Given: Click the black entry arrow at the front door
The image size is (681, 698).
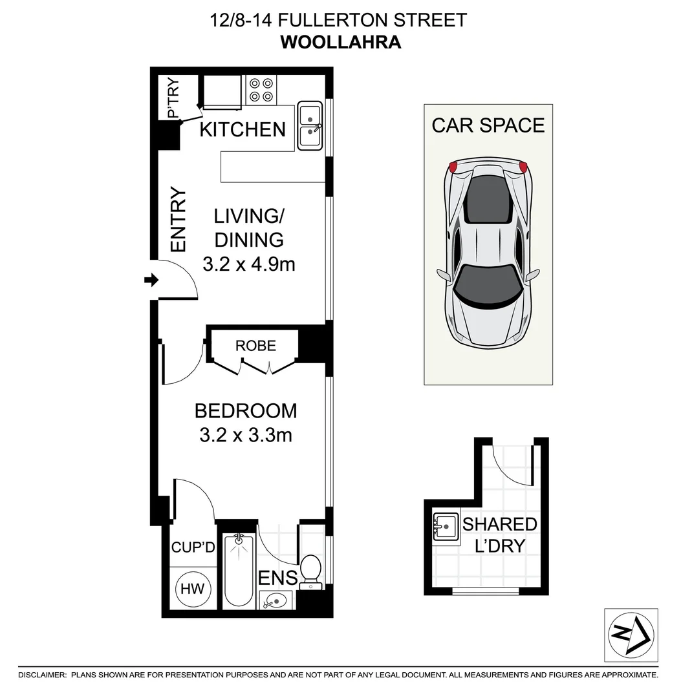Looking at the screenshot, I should pos(151,280).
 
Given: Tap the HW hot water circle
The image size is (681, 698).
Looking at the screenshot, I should pos(192,589).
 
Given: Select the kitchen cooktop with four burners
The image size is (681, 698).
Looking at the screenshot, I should pos(261,90).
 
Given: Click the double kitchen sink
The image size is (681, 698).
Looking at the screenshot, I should pos(310,126).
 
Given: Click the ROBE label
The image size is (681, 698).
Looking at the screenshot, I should pos(255,346).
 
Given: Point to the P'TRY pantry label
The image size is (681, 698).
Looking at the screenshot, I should pos(173,98).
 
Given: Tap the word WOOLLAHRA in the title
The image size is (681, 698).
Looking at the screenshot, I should pos(340,43).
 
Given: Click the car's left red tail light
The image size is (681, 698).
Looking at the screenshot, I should pos(453,167).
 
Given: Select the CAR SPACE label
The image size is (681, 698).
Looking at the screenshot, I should pos(488,125).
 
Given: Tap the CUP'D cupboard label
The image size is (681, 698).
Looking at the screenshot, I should pos(193,547).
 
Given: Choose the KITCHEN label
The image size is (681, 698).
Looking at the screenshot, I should pos(243,129).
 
